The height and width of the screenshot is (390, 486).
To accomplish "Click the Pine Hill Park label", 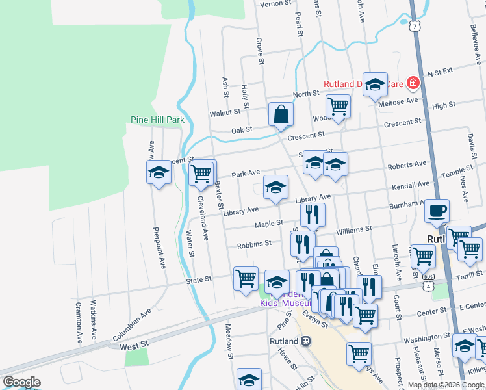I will click(x=157, y=120).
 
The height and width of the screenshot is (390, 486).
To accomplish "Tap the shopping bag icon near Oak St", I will click(x=281, y=114).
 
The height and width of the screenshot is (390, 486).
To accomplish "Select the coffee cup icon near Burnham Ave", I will click(x=437, y=211).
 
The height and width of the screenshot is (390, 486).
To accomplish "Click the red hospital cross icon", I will click(x=412, y=83).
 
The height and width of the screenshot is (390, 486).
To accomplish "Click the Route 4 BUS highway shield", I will click(x=428, y=277).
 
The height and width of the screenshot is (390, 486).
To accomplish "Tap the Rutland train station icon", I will click(x=305, y=341).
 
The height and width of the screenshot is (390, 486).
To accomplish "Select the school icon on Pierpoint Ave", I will click(x=159, y=173).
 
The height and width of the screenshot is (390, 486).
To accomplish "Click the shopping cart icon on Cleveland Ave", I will click(x=202, y=173).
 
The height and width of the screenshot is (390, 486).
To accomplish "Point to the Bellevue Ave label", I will click(x=473, y=42).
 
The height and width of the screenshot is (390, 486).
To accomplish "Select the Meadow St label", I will click(x=229, y=341).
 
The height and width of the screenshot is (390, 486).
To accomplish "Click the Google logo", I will click(x=21, y=382).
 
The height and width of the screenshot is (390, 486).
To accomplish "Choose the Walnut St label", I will click(x=225, y=113).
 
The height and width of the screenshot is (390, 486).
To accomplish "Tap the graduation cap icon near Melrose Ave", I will click(x=375, y=84).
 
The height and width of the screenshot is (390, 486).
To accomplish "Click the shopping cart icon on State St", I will click(x=246, y=278).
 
